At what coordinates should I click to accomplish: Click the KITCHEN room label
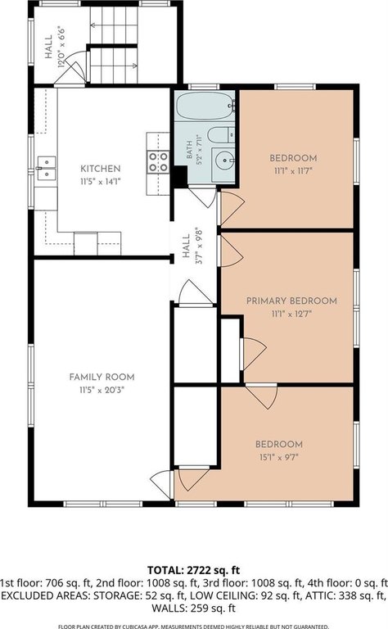point(100,169)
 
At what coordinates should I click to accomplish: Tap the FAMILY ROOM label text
point(102,377)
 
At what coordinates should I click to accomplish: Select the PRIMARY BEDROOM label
point(291,301)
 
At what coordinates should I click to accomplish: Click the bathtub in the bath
point(205,106)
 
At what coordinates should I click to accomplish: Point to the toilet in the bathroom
point(221,135)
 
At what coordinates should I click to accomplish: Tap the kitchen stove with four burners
point(158,161)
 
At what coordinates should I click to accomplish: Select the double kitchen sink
point(46,168)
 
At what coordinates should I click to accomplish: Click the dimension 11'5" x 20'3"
point(102,390)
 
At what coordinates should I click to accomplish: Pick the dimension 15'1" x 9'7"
point(279,457)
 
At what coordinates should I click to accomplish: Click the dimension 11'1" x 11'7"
point(293,171)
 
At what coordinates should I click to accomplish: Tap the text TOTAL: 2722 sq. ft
point(194,570)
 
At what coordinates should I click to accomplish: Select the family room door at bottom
point(161,485)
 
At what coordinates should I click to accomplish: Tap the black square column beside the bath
point(180,177)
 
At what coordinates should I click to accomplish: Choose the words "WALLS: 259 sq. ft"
point(194,609)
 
